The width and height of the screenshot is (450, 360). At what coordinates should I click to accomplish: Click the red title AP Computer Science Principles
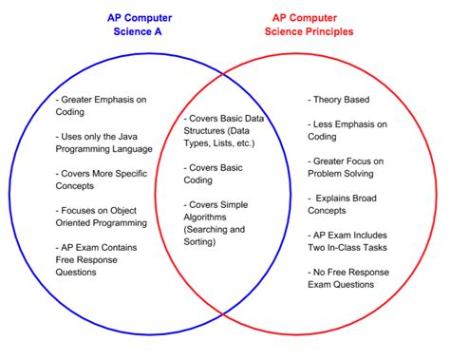tap(319, 25)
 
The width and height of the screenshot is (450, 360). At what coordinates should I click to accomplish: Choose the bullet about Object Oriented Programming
tap(103, 216)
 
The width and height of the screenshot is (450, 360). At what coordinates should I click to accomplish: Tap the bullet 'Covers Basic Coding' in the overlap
tap(215, 173)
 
